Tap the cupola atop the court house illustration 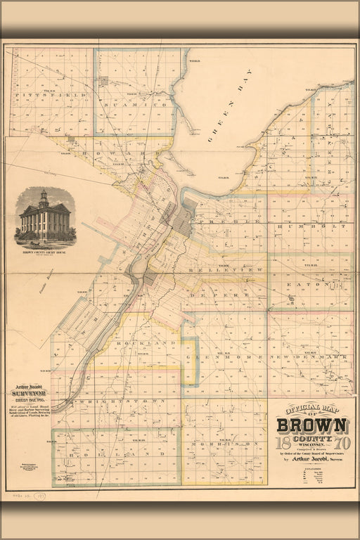tap(43, 197)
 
